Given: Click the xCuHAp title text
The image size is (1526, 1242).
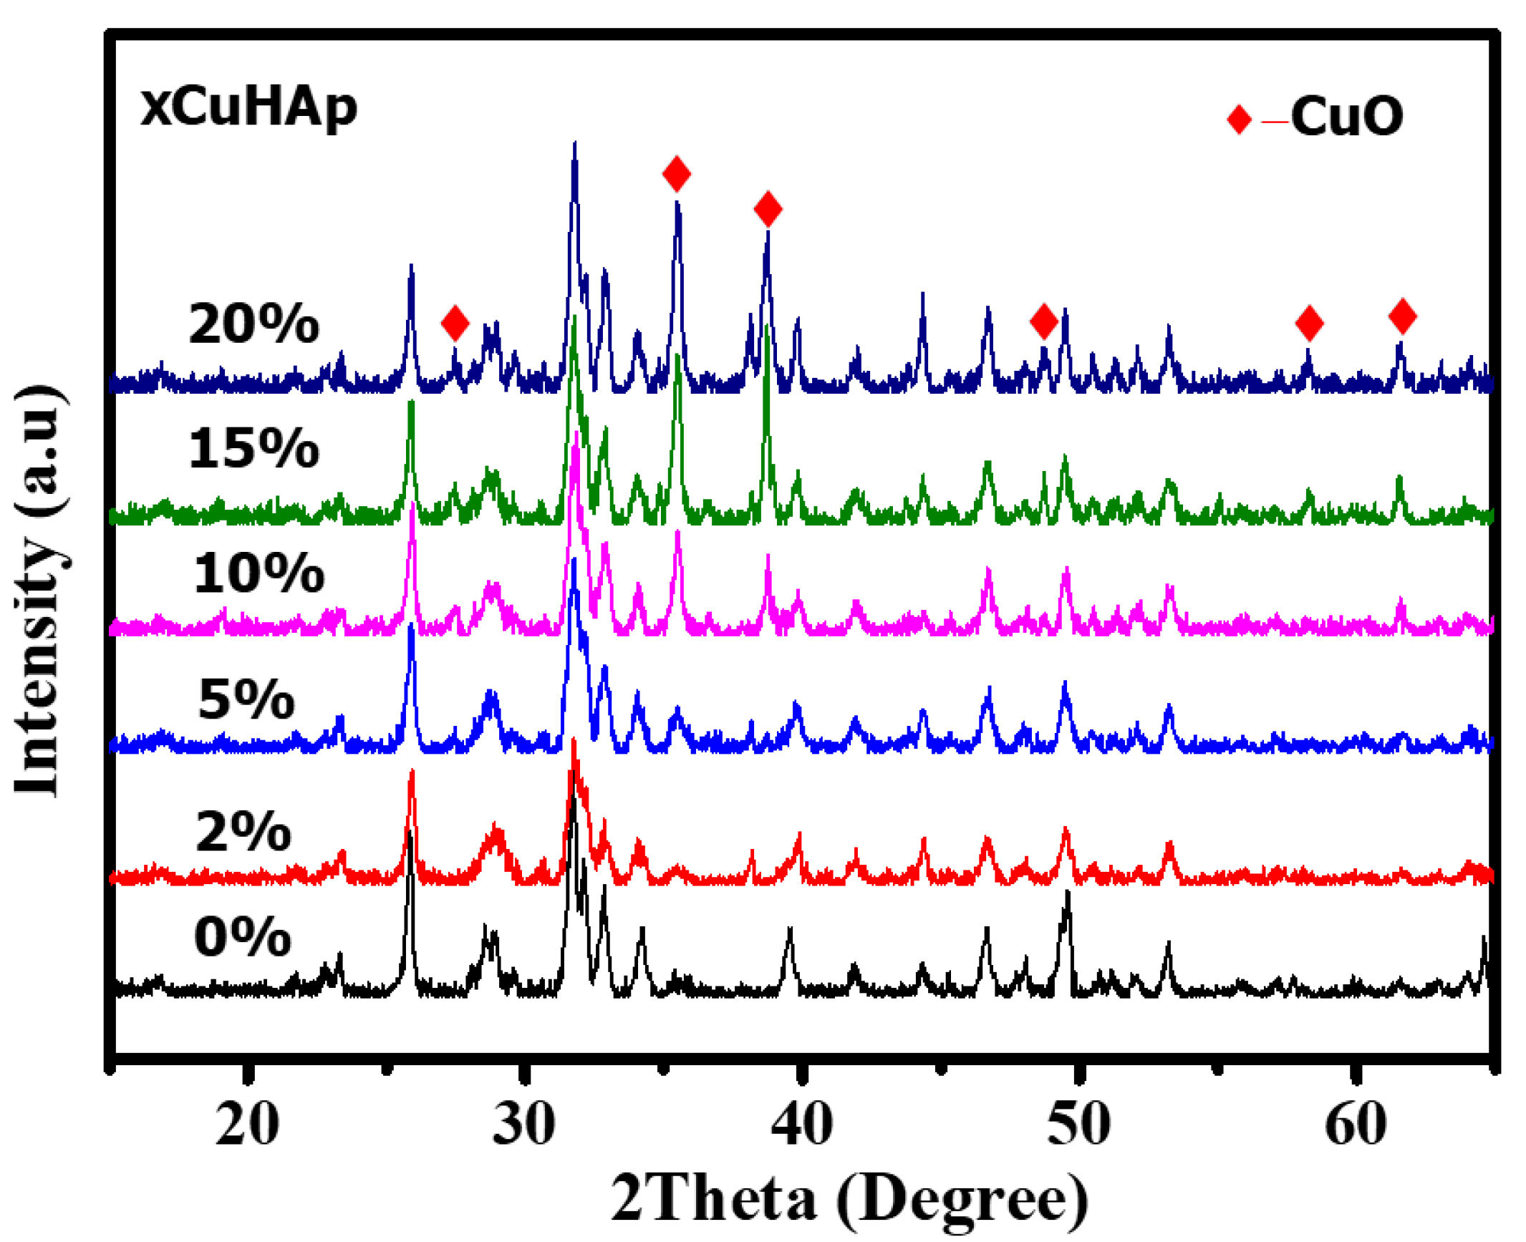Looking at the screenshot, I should point(248,107).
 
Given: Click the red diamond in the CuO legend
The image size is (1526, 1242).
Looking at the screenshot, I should point(1238,119).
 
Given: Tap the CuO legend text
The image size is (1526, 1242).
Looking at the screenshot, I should point(1346,116).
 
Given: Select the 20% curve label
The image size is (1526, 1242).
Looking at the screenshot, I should point(253,324).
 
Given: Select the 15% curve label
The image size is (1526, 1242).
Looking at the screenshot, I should point(253,450).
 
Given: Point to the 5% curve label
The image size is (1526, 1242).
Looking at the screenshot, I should point(246,699).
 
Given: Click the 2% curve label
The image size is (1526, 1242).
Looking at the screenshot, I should point(243,832).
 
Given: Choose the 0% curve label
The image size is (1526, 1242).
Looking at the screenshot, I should point(243,937).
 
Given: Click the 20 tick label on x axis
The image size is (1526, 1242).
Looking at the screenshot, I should point(247,1125).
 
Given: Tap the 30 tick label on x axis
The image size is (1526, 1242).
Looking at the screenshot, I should point(524,1125).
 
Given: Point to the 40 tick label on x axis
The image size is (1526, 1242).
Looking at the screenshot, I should point(801,1125).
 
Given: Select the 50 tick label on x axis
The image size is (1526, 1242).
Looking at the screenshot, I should point(1078,1125).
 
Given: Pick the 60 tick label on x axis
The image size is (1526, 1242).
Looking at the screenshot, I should point(1356,1125).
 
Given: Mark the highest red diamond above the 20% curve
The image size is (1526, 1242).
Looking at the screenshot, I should point(677,173).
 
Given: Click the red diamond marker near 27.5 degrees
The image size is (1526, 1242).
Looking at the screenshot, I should point(455,323).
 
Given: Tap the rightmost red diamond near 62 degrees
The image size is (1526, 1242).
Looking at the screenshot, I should point(1402,316).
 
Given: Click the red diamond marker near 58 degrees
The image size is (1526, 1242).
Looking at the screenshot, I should point(1309,323).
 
